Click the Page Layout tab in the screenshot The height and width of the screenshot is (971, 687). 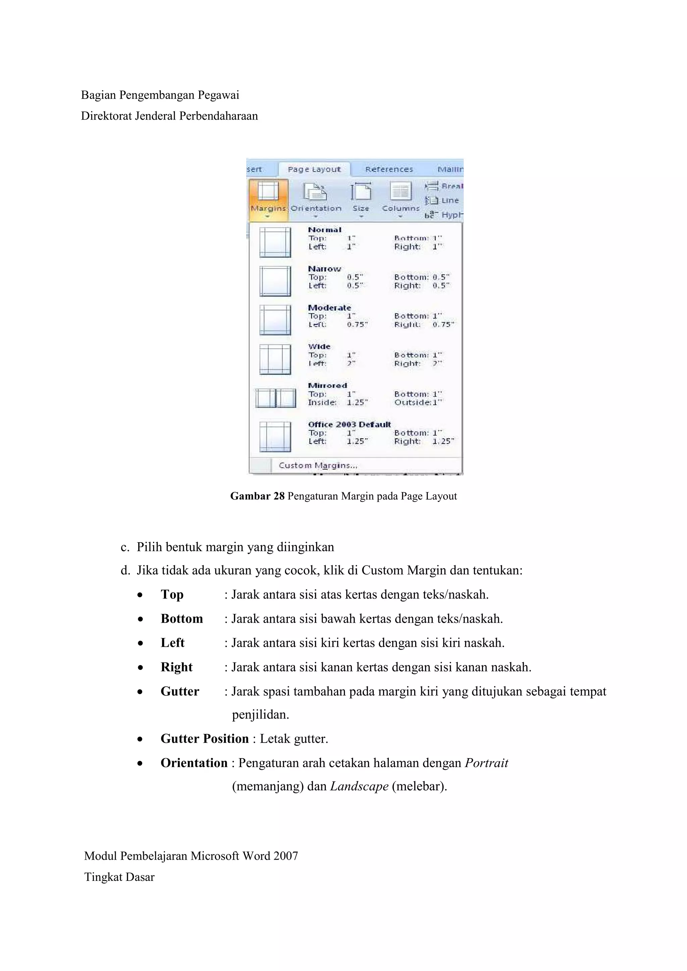pos(314,169)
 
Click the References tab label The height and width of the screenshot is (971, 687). pos(389,169)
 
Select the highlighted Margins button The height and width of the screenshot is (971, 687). pos(268,199)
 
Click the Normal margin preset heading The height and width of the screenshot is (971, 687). pos(324,230)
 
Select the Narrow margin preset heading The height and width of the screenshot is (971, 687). pos(324,269)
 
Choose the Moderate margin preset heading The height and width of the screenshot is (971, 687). pos(329,307)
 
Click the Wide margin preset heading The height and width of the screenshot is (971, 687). pos(319,346)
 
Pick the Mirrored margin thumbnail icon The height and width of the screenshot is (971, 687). pos(275,398)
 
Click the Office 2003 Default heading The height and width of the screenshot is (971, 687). pos(349,424)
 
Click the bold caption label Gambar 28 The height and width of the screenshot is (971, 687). pos(257,496)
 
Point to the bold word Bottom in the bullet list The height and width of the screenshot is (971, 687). pos(181,619)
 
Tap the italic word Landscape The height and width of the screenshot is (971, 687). pos(359,786)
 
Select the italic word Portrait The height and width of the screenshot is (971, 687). pos(486,762)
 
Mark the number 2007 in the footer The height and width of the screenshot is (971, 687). pos(285,856)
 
